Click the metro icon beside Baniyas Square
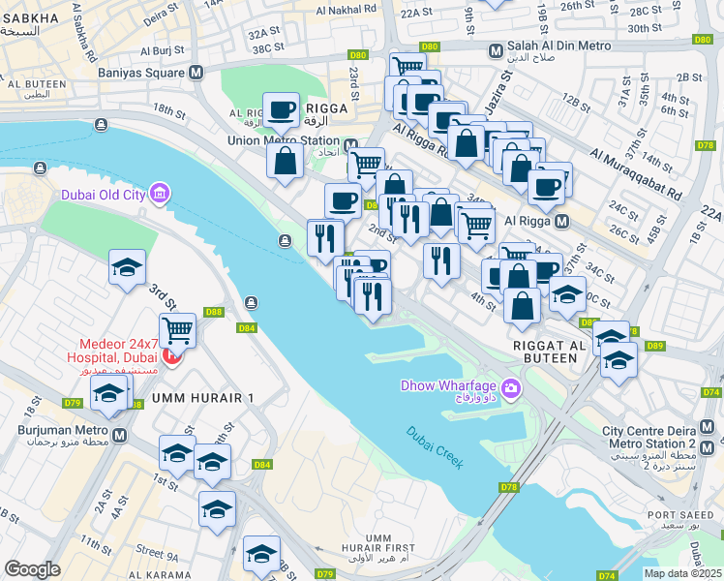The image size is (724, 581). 196,72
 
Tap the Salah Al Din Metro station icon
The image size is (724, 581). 496,50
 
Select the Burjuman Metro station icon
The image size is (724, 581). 119,436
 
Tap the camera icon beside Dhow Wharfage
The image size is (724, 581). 510,389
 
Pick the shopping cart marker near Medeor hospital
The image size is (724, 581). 177,331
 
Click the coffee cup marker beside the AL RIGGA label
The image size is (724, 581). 282,110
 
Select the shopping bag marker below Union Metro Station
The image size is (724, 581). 287,161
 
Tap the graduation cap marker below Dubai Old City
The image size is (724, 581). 127,270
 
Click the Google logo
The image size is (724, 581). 32,569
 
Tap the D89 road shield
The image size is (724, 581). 655,346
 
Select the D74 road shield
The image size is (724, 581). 711,392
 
